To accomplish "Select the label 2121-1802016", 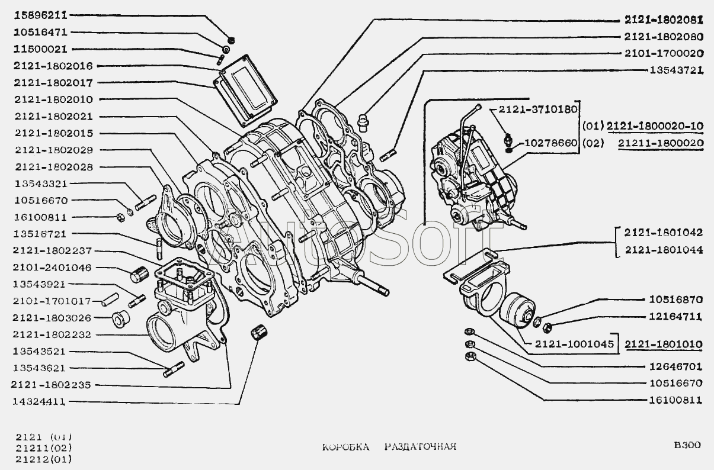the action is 53,66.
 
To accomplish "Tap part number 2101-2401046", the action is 53,268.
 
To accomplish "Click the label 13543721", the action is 674,70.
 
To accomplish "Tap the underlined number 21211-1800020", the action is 660,143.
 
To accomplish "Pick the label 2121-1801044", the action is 662,250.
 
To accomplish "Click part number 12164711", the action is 674,317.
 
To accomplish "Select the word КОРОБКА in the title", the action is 345,446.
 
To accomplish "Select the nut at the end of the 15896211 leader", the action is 232,40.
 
